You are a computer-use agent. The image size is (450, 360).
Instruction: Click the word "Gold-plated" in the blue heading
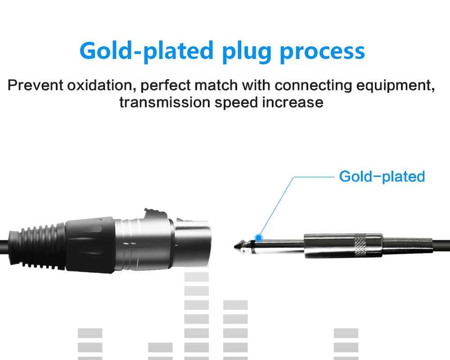coord(146,51)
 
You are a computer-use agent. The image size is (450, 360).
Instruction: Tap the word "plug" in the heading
coord(247,52)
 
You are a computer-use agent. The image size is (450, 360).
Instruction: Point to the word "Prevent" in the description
coord(35,85)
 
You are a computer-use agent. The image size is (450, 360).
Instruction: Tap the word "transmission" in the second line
coord(165,103)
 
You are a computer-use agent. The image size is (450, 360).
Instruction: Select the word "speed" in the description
coord(237,103)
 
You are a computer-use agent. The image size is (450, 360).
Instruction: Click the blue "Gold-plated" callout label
coord(382,176)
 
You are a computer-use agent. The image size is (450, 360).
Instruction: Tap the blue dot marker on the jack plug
coord(259,238)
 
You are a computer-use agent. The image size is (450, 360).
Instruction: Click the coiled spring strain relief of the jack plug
coord(407,246)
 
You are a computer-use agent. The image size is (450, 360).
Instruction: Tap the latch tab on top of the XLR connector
coord(155,213)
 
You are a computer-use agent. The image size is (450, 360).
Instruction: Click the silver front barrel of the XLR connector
coord(193,243)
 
